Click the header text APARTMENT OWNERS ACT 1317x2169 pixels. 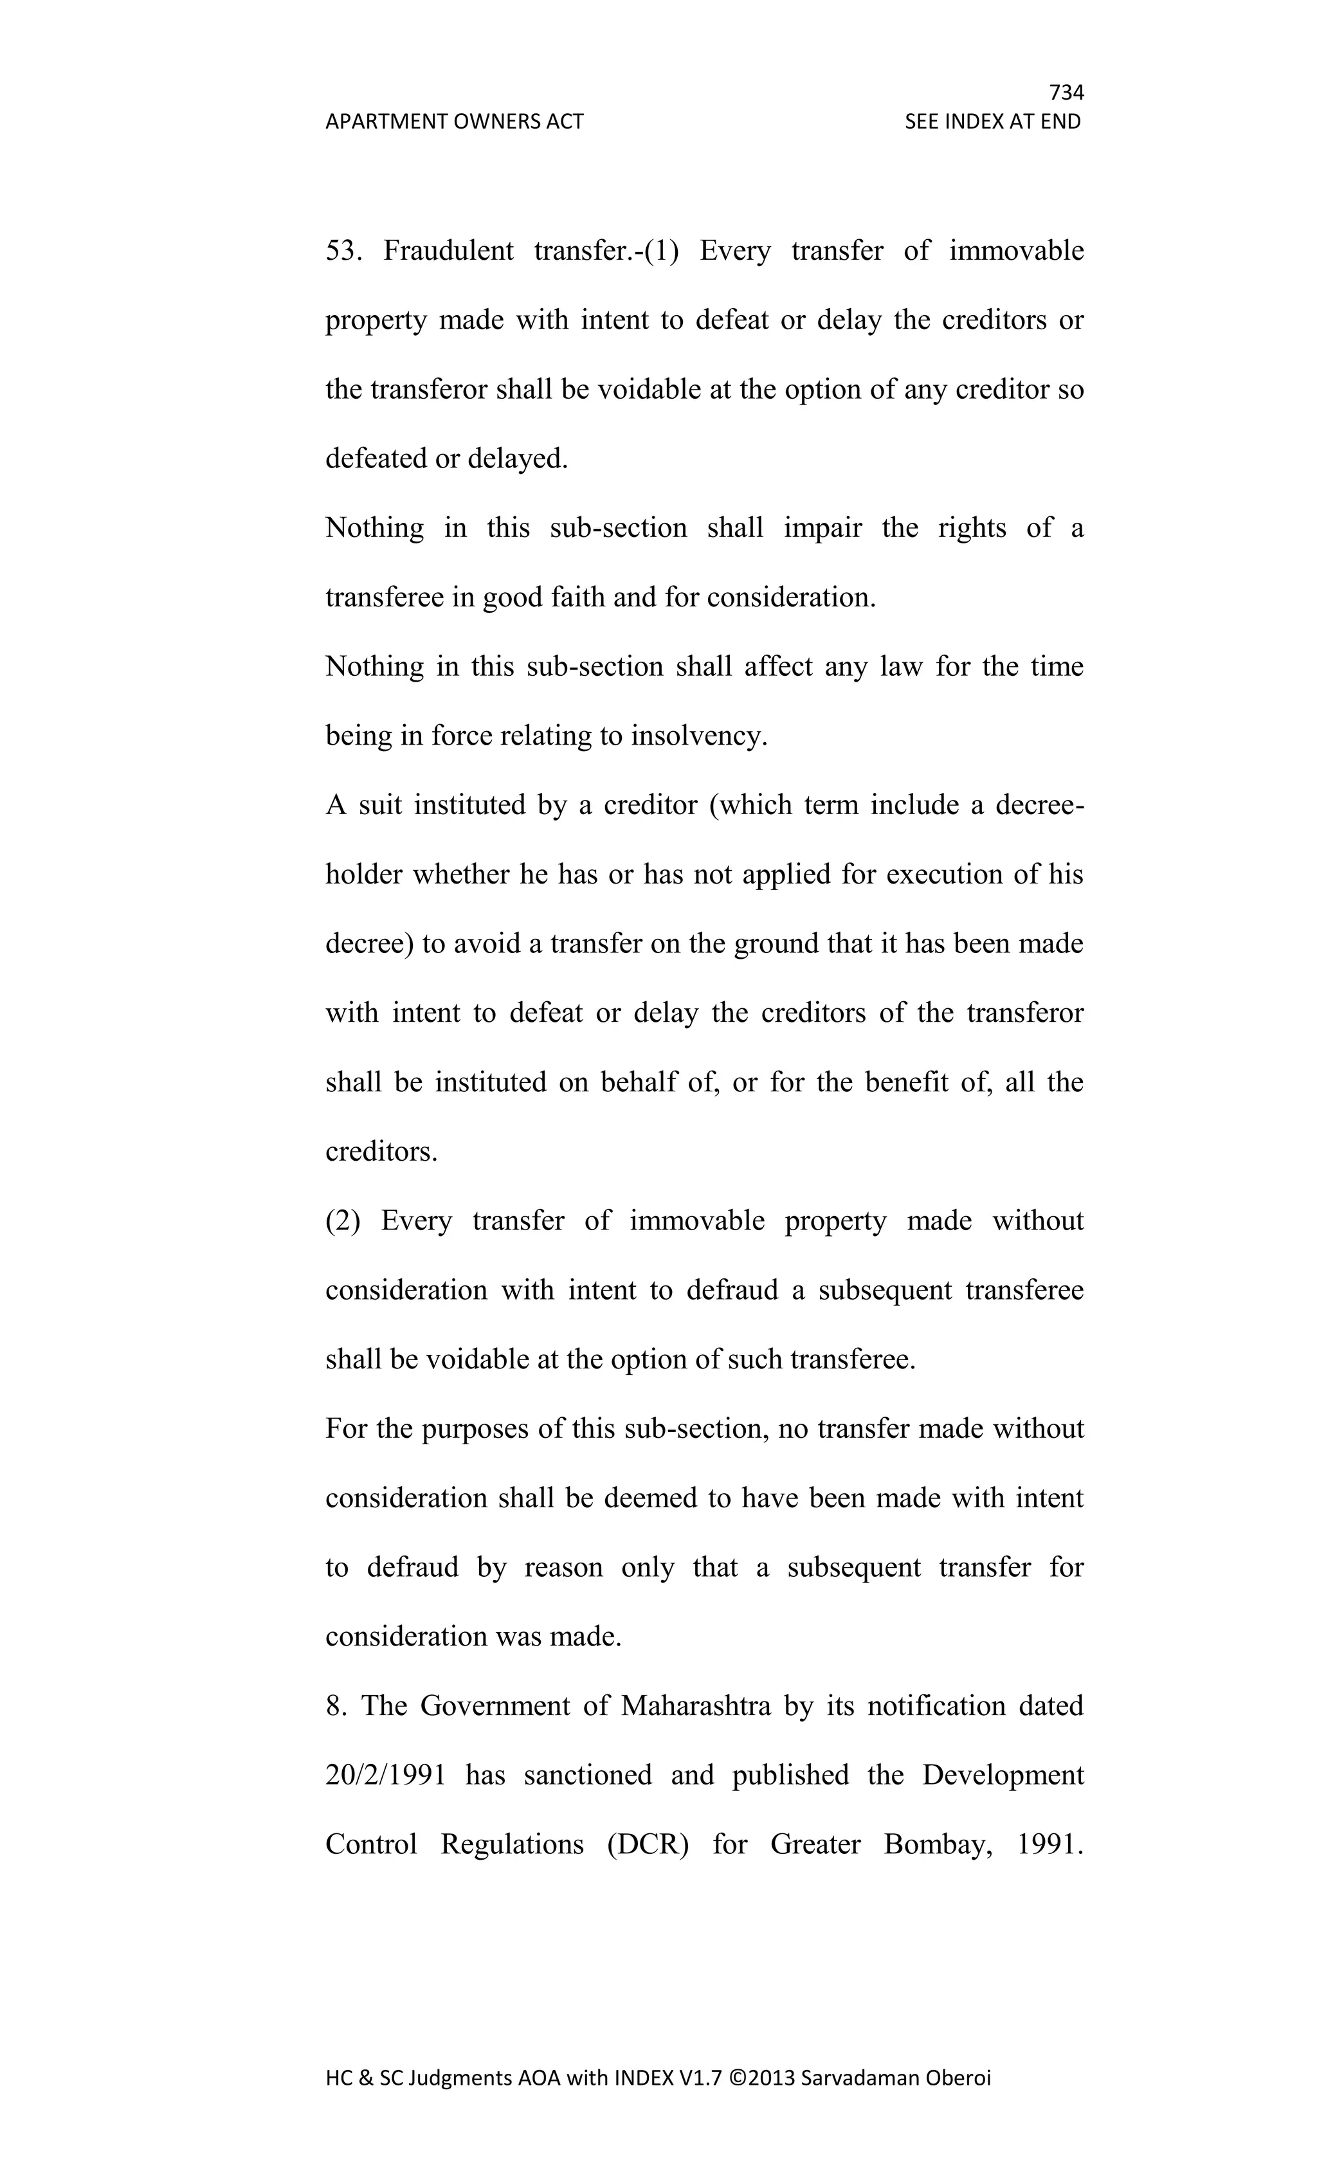(x=454, y=122)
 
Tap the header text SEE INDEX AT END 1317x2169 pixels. (x=992, y=122)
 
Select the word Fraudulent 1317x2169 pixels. (x=448, y=251)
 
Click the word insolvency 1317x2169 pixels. (x=699, y=735)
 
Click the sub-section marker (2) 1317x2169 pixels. (x=343, y=1221)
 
